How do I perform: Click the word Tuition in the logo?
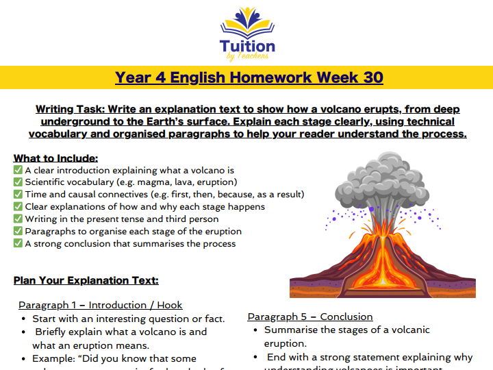pyautogui.click(x=247, y=47)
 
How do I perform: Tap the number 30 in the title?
pyautogui.click(x=373, y=77)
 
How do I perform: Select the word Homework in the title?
pyautogui.click(x=276, y=77)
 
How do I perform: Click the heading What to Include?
pyautogui.click(x=55, y=158)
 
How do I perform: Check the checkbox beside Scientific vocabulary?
pyautogui.click(x=18, y=182)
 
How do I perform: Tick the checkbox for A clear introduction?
pyautogui.click(x=18, y=170)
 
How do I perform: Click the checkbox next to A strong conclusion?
pyautogui.click(x=18, y=244)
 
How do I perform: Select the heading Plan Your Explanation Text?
pyautogui.click(x=86, y=280)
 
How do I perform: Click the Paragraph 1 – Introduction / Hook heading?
pyautogui.click(x=100, y=305)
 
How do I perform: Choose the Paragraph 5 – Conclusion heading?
pyautogui.click(x=309, y=317)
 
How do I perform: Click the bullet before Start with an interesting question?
pyautogui.click(x=25, y=319)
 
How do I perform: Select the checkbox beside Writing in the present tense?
pyautogui.click(x=18, y=219)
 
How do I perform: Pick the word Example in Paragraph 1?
pyautogui.click(x=55, y=358)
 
